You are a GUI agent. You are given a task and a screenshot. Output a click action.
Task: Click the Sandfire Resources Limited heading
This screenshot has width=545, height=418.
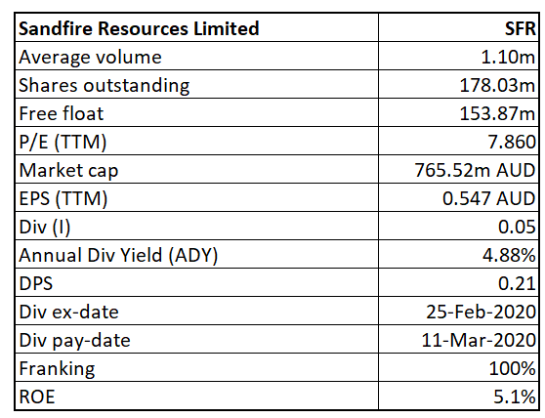coord(139,28)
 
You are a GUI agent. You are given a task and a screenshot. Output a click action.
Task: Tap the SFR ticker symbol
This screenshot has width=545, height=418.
coord(520,28)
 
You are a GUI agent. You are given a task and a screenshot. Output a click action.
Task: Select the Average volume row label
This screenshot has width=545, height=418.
coord(91,57)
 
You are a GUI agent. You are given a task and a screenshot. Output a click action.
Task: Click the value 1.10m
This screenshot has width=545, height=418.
coord(508,57)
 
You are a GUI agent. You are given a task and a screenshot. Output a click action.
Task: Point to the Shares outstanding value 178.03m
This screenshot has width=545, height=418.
coord(497,86)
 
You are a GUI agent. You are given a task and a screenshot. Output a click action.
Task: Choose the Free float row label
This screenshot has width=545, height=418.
coord(62,113)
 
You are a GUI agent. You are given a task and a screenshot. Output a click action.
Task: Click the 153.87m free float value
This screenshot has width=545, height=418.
coord(497,113)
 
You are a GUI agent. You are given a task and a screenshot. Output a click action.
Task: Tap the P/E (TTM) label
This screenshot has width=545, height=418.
coord(63,143)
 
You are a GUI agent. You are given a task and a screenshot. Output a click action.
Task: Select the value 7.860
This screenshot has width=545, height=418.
coord(512,143)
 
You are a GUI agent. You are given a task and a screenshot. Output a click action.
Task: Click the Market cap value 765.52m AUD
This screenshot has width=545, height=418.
coord(475,170)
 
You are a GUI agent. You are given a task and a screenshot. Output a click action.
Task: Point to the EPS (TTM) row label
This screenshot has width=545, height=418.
coord(63,199)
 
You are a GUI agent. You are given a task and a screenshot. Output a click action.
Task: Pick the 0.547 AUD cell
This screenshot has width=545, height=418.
coord(488,199)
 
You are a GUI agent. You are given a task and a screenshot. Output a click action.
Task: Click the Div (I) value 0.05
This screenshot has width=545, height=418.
coord(517,227)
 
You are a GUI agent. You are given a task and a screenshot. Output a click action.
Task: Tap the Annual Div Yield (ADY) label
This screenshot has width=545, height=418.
coord(118,255)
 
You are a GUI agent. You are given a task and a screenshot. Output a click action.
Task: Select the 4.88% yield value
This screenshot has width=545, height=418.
coord(509,255)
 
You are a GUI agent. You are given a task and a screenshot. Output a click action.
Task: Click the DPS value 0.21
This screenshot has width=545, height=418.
coord(517,283)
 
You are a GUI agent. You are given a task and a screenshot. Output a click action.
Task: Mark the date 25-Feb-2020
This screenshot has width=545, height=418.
coord(482,312)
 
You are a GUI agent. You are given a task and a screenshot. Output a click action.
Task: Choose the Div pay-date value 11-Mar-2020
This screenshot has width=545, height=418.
coord(479,340)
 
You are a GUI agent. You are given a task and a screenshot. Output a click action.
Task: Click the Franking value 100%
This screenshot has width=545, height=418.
coord(512,368)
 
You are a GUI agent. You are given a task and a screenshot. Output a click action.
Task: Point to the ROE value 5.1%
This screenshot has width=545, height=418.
coord(515,397)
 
